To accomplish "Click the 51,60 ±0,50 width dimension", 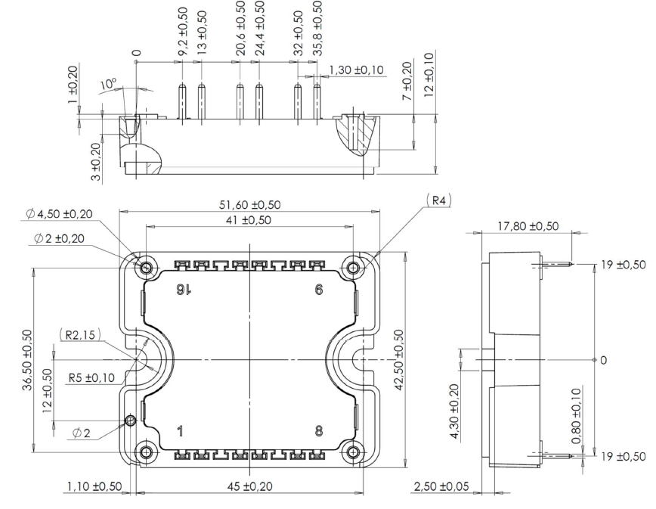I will tap(249, 204).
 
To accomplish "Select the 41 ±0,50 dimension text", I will tap(249, 219).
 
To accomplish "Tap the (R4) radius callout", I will tap(438, 200).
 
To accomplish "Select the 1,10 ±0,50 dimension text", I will tap(91, 486).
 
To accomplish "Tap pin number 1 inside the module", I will tap(180, 432).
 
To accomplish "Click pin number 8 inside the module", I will tap(319, 432).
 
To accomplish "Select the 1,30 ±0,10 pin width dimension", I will tap(356, 70).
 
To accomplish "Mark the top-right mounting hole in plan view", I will tap(352, 268).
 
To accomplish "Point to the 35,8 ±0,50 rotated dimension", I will tap(317, 26).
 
